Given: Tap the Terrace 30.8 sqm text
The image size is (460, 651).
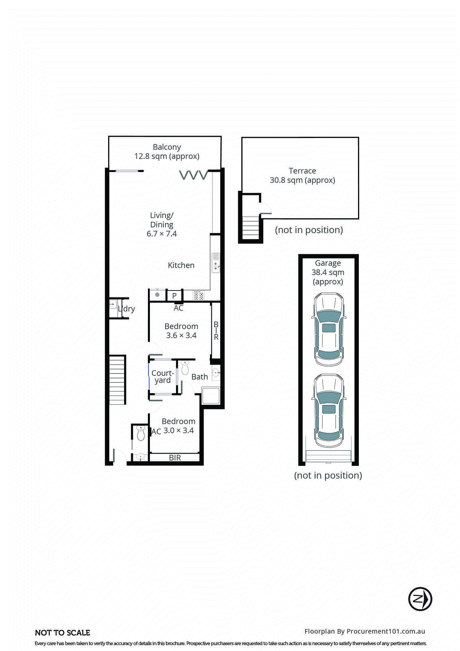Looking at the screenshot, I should point(302,175).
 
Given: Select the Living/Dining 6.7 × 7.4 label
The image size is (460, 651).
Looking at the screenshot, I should point(162,224).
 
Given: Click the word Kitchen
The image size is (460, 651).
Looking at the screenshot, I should point(181,265).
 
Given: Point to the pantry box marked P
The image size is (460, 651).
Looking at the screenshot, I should point(174,296).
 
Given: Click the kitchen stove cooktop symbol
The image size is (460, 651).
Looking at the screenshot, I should point(198,295).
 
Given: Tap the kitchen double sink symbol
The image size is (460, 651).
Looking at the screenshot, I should point(215,262).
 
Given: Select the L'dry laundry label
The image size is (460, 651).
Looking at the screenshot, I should point(127,309).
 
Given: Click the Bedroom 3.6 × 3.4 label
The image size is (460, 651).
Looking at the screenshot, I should point(181,331).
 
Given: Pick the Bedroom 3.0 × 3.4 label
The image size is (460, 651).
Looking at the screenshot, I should point(178,426).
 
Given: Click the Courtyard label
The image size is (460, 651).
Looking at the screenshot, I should point(163,376).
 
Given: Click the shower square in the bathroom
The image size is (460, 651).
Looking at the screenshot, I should point(211,395).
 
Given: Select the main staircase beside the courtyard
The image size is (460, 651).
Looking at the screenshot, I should point(117,380).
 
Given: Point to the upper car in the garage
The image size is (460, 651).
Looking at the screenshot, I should point(329,330).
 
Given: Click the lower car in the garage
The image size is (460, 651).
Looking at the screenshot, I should point(329,411).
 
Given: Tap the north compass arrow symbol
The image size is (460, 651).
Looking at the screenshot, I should point(420,599).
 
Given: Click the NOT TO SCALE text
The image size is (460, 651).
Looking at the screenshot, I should point(63,633).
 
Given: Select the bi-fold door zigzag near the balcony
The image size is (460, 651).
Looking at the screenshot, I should point(194,175).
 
